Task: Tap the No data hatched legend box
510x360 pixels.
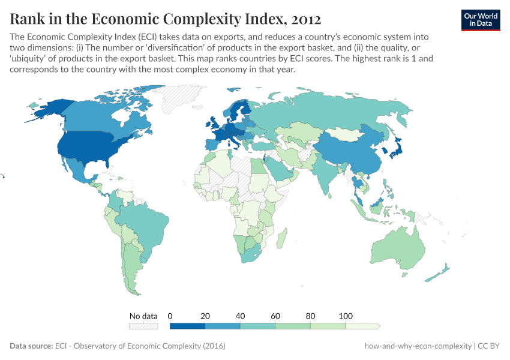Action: (143, 326)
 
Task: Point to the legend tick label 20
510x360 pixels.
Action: (205, 316)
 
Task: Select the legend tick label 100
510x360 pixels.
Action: (346, 316)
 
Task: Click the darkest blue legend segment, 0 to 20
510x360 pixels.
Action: (188, 326)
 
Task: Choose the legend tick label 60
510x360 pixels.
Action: (275, 316)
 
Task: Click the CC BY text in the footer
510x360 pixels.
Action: (490, 346)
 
